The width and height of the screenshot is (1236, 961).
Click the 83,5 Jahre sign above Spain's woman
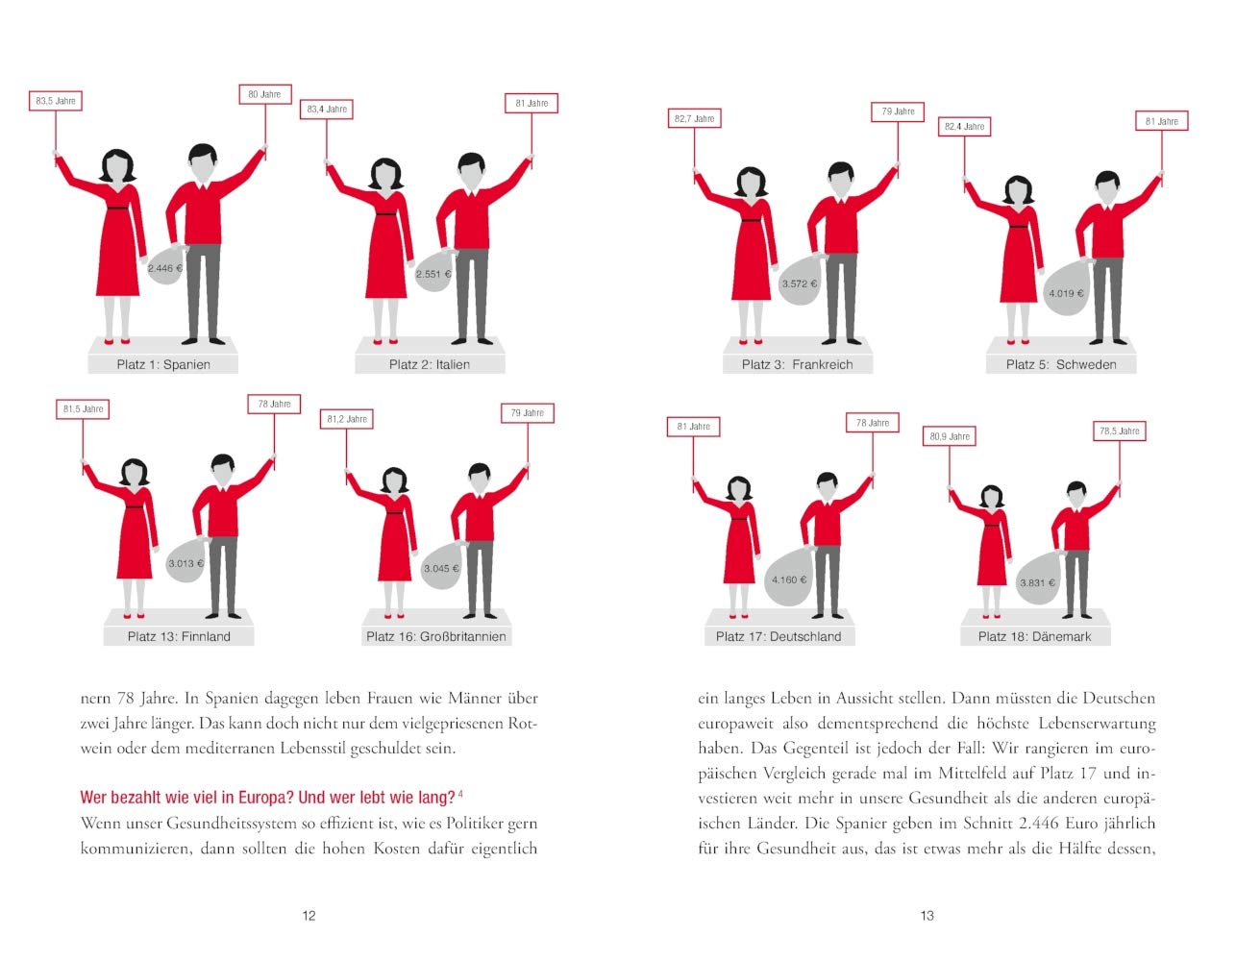click(55, 101)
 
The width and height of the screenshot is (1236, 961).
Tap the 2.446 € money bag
click(165, 265)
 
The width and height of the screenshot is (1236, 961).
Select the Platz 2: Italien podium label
click(430, 364)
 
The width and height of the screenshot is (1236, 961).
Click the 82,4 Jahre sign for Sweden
click(964, 126)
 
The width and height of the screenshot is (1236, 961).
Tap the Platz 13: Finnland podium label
click(179, 636)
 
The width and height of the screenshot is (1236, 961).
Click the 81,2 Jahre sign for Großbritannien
click(346, 419)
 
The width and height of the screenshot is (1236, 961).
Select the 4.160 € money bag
click(788, 578)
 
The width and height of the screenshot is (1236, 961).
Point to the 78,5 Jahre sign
click(1119, 431)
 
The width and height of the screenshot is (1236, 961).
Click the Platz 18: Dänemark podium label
click(1034, 636)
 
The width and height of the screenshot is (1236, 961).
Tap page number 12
click(309, 916)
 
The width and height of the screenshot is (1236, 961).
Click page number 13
click(927, 916)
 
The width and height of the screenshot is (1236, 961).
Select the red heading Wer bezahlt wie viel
click(268, 798)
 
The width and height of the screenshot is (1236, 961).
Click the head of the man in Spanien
click(203, 162)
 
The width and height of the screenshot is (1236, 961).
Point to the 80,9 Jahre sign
click(950, 436)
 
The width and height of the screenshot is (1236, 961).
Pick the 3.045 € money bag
click(441, 566)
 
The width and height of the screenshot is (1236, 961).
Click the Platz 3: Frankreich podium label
click(797, 364)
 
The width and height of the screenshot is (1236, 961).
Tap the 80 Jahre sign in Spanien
click(265, 94)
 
